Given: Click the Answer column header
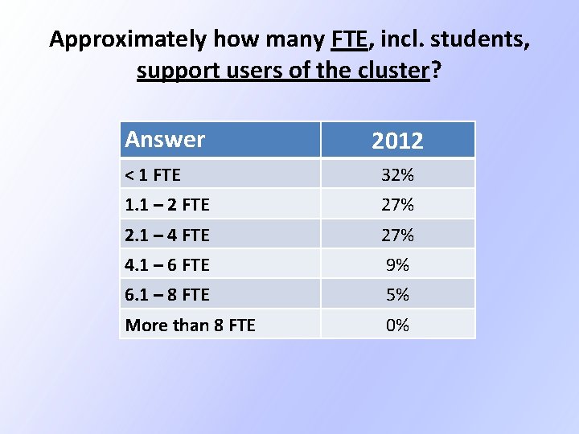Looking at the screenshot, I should point(165,140).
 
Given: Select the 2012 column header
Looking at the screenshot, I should point(397,141).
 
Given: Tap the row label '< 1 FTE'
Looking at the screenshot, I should point(154,175).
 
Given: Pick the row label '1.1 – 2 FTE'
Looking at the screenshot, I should point(167,205).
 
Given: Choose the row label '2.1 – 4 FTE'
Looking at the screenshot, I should point(167,235).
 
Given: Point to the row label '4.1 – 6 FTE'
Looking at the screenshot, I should point(167,264).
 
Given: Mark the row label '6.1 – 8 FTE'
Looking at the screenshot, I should point(167,295).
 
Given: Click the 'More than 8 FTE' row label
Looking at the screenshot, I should point(190,325).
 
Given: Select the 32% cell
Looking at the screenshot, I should point(397,175).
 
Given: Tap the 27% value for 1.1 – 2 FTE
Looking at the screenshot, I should point(397,205).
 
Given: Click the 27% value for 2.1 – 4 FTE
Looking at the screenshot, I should point(397,235).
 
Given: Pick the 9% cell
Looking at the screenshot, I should point(397,264).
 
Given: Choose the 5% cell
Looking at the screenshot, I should point(397,295).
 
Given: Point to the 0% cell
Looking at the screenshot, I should point(397,325).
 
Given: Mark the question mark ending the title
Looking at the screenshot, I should point(437,72).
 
